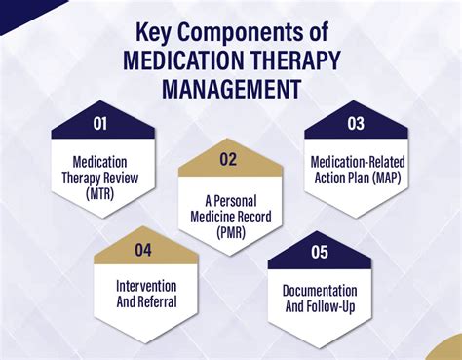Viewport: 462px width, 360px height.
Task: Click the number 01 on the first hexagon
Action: pyautogui.click(x=100, y=126)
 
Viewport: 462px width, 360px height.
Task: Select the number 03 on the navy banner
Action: pyautogui.click(x=357, y=124)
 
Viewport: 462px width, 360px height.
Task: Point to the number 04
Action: pyautogui.click(x=143, y=251)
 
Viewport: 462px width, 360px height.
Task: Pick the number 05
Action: pyautogui.click(x=319, y=252)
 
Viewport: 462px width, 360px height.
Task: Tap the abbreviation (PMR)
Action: pyautogui.click(x=230, y=234)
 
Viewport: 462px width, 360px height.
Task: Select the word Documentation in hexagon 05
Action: pyautogui.click(x=319, y=291)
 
